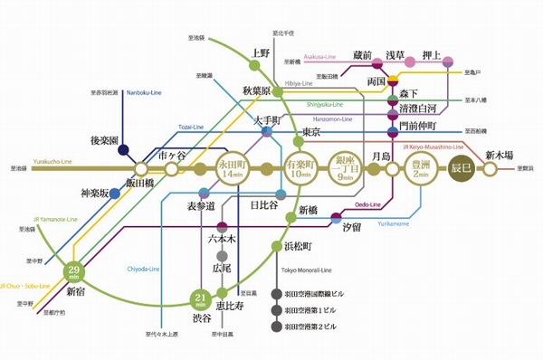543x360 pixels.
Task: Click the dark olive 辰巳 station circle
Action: point(462,168)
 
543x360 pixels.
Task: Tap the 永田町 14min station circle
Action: point(233,168)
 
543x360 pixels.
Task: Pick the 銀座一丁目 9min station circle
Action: point(344,168)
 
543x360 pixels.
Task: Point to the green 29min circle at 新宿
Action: point(75,270)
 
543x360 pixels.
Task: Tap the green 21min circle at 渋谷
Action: point(201,299)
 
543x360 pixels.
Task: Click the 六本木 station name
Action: point(222,240)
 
